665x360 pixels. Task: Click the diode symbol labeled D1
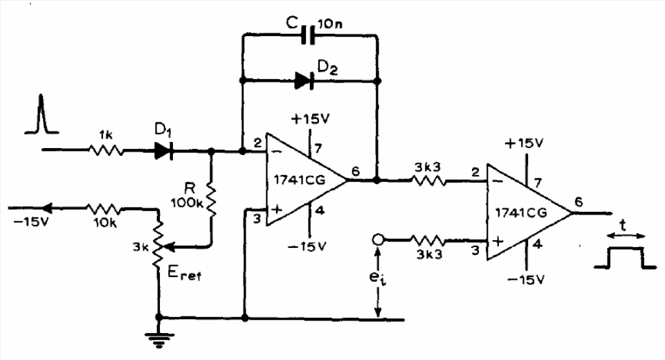164,150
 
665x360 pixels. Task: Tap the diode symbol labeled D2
304,81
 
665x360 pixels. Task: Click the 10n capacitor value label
330,24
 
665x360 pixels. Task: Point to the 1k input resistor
106,150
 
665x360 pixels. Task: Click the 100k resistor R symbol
210,199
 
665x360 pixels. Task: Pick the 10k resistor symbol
103,209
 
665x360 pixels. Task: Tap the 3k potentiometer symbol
158,245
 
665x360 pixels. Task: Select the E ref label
184,274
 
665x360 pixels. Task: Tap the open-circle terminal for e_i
377,240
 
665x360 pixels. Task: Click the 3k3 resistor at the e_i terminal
428,241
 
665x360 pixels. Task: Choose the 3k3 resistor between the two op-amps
428,181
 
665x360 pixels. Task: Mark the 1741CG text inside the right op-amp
521,213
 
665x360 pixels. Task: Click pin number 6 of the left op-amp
356,171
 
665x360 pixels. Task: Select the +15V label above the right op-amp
524,144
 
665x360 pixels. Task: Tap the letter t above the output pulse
622,225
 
